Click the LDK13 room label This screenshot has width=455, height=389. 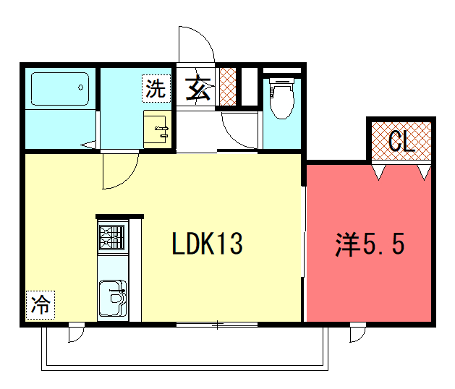tap(207, 244)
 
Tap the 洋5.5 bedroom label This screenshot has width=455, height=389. tap(370, 244)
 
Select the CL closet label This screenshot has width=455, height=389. tap(401, 141)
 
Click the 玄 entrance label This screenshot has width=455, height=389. tap(198, 88)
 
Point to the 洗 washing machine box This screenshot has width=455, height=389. tap(156, 88)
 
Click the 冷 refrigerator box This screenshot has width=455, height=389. tap(41, 305)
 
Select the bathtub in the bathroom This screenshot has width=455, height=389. tap(60, 89)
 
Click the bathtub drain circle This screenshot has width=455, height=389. tap(81, 87)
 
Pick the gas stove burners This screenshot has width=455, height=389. tap(111, 238)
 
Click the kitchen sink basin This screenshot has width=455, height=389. tap(113, 298)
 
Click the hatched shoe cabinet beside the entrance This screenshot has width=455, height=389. tap(228, 87)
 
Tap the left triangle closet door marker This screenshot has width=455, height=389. tap(379, 172)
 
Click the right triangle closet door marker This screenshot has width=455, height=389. tap(424, 172)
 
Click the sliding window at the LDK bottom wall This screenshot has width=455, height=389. tap(217, 325)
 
